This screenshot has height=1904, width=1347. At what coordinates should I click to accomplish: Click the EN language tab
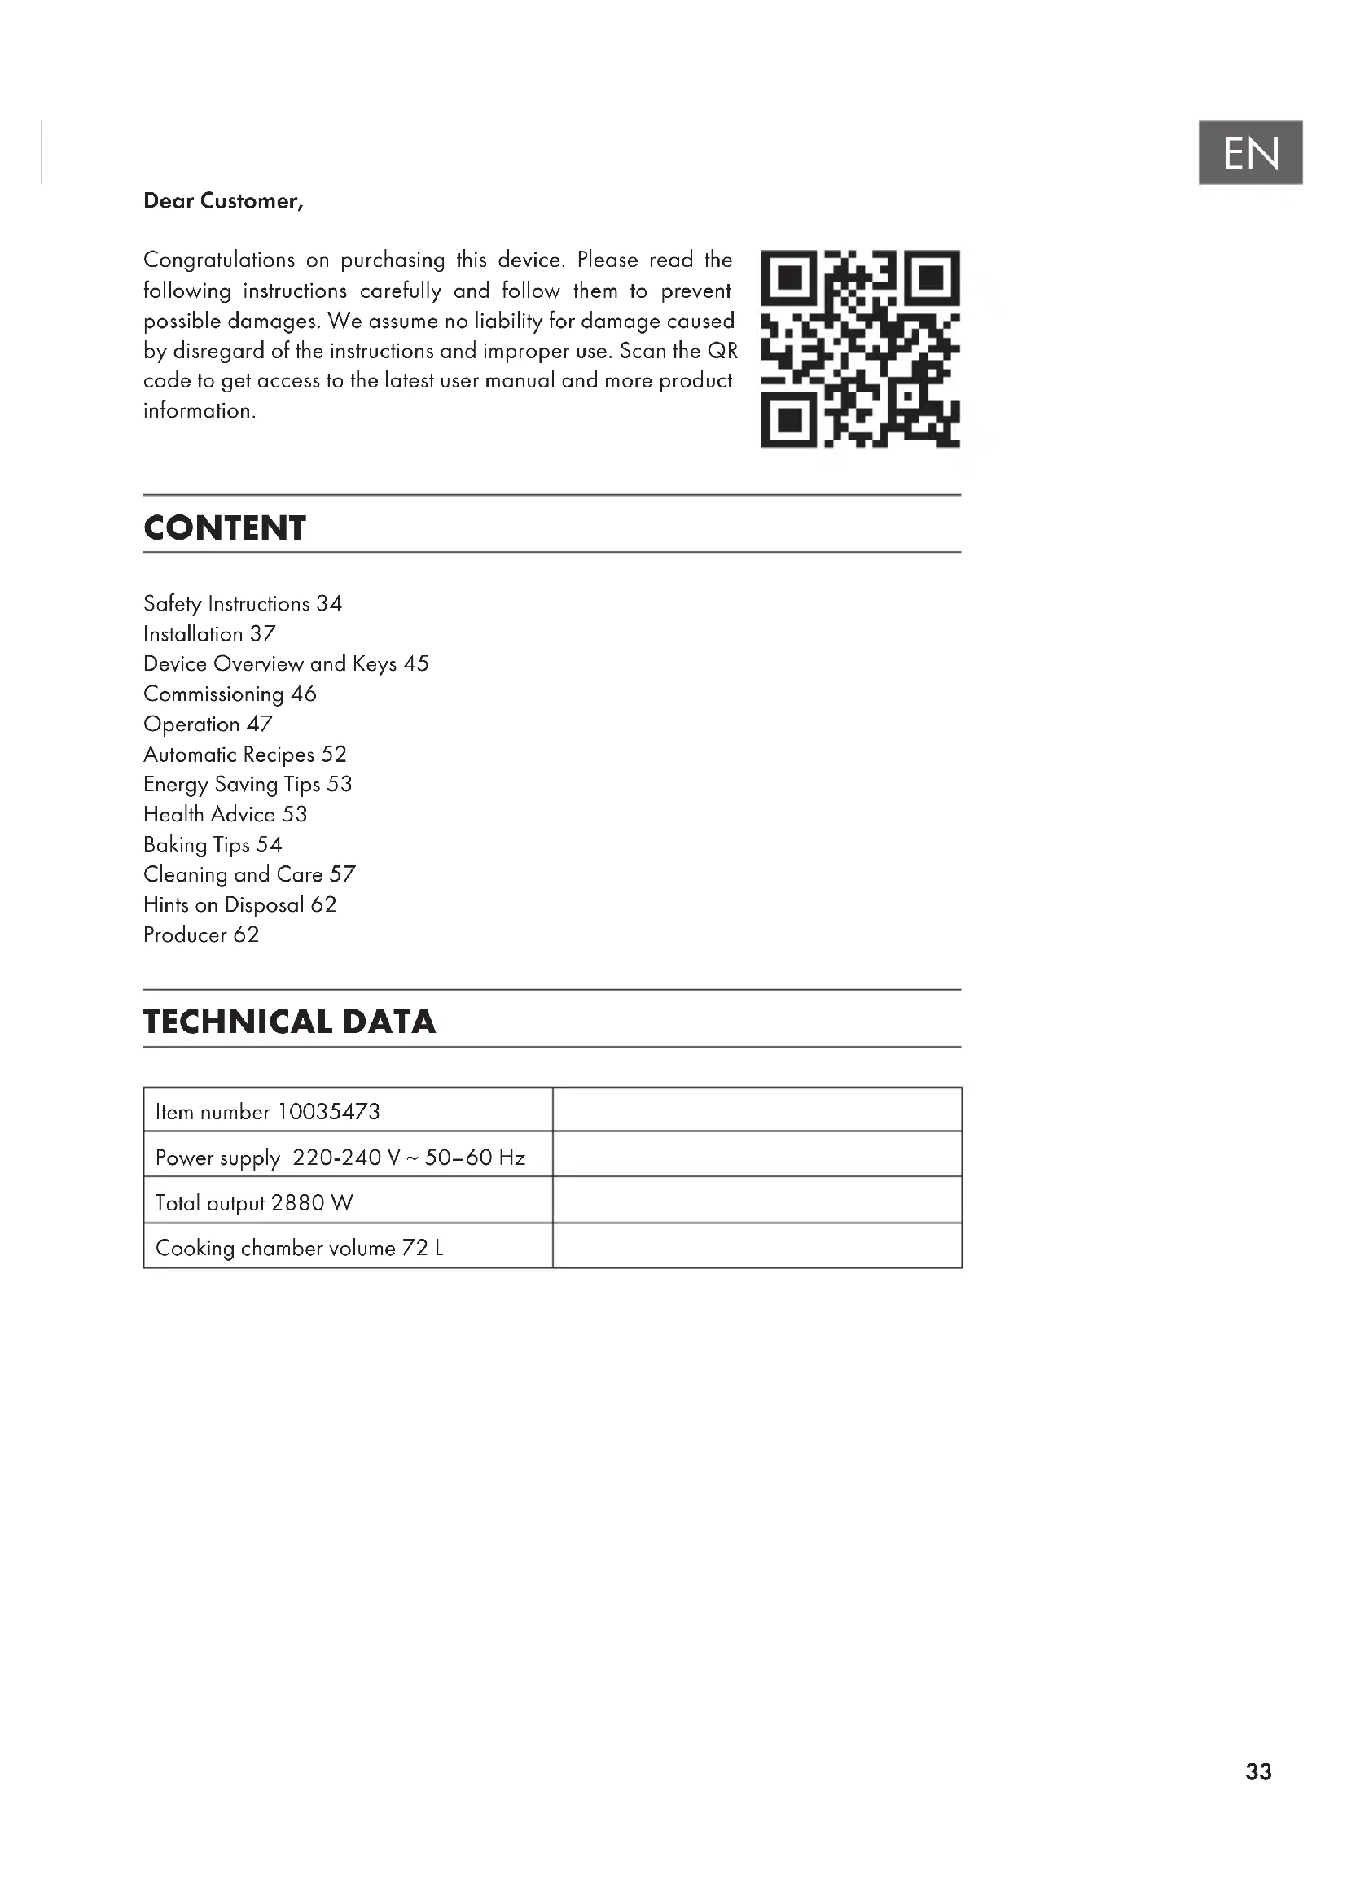1250,153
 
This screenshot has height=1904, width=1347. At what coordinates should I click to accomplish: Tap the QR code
860,348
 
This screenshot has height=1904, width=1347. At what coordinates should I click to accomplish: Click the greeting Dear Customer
223,202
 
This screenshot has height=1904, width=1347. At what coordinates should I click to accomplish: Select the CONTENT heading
225,528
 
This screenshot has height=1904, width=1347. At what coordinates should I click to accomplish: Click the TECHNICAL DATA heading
289,1022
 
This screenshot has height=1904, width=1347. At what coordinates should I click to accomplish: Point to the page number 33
1258,1771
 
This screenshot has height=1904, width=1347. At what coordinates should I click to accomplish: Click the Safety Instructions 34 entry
242,604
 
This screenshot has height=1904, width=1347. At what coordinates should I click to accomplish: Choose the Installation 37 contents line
209,634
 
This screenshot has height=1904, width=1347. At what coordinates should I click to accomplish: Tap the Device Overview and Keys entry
286,664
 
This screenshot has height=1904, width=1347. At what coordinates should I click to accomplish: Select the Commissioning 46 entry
230,694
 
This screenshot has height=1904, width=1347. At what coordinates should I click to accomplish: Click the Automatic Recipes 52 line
244,755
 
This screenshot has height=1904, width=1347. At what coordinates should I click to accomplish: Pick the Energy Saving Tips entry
248,785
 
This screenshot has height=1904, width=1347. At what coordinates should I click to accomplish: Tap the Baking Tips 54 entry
213,845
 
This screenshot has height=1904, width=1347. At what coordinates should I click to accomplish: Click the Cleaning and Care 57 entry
249,875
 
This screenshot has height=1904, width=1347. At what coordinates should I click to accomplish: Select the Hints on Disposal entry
239,904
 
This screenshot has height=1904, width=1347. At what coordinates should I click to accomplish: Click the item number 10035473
328,1112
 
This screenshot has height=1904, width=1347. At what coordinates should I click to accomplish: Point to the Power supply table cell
340,1158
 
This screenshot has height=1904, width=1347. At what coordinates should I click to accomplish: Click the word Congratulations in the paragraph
219,260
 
